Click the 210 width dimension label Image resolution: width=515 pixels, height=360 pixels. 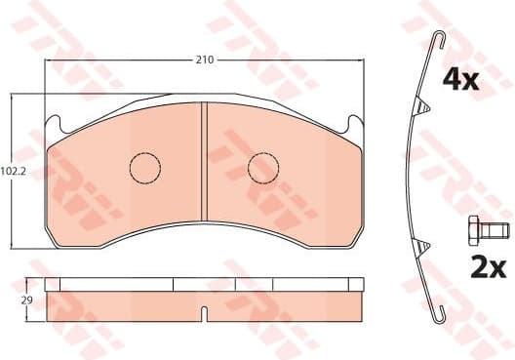pos(205,60)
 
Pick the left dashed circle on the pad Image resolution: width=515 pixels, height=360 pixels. pos(145,168)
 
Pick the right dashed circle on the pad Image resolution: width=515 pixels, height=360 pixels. pos(263,168)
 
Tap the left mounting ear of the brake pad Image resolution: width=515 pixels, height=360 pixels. pos(56,124)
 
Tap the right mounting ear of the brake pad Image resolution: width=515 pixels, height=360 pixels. pos(354,124)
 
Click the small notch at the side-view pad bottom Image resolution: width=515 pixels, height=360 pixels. pos(203,315)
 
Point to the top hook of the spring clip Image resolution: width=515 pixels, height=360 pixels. pos(440,40)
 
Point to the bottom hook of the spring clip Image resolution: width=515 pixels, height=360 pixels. pos(444,313)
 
